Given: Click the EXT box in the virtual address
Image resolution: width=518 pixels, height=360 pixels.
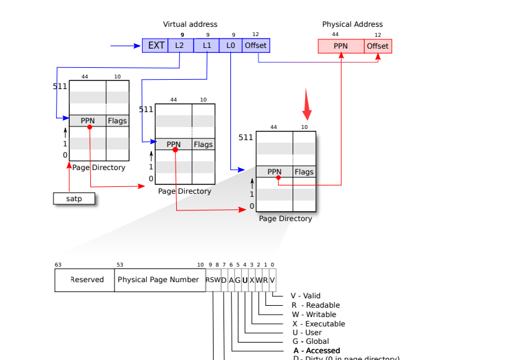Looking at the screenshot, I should pos(156,45).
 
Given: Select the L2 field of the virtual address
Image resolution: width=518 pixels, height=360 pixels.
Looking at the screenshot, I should pos(180,45).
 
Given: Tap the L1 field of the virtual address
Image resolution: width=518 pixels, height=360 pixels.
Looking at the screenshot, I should pos(207,45).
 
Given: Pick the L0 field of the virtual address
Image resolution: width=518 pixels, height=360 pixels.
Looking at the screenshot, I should pos(231,45).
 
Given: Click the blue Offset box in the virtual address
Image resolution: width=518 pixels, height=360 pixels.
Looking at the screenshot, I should pos(256,45).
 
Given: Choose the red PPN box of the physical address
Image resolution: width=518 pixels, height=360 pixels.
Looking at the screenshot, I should pos(341,46).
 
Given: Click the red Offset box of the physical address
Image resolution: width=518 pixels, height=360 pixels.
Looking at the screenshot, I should pos(378,46).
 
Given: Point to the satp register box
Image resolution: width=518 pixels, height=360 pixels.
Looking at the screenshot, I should pos(74,199).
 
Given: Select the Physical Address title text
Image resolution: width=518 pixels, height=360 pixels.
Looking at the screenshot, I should pos(352,24).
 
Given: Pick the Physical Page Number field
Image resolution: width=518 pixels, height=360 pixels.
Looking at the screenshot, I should pos(158,280).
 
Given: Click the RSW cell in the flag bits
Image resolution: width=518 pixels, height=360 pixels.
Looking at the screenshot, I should pos(213,280).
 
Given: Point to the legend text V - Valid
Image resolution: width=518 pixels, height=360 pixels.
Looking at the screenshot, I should pos(305,296).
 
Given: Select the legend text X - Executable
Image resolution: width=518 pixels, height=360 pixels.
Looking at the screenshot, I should pos(318,324).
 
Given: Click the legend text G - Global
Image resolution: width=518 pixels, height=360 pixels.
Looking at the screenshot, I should pos(310,341).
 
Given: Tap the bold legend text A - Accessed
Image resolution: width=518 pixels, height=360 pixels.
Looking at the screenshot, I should pos(317,351).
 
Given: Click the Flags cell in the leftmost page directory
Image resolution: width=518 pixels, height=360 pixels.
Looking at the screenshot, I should pos(117,121).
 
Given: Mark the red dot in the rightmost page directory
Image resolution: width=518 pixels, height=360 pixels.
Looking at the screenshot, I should pos(278,178).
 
